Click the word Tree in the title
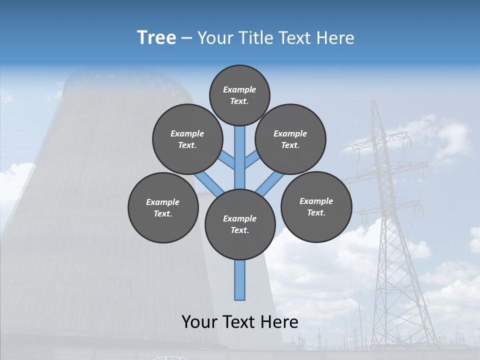click(x=156, y=38)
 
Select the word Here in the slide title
click(x=337, y=38)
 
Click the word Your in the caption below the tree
click(x=199, y=322)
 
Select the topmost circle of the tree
click(x=239, y=95)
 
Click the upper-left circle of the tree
click(x=187, y=139)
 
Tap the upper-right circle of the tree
click(x=290, y=139)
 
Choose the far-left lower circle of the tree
click(x=163, y=207)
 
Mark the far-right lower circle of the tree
click(x=316, y=206)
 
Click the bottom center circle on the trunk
click(x=240, y=224)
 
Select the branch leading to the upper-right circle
click(x=252, y=159)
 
